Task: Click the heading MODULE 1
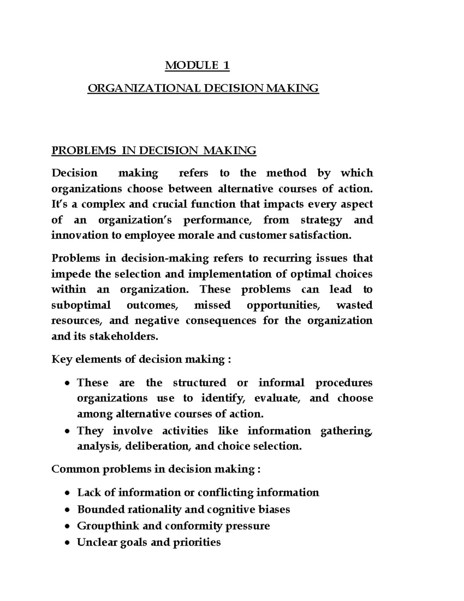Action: click(197, 66)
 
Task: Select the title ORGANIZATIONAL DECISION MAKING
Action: click(203, 88)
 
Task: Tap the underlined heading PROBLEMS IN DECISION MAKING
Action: click(154, 150)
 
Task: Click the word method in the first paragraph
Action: click(287, 173)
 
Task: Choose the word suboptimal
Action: click(81, 305)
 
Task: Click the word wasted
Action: click(354, 305)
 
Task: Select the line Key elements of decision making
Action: click(141, 360)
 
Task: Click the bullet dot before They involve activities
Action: click(67, 431)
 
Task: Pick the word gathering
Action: click(346, 431)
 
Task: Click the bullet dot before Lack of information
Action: click(67, 493)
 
